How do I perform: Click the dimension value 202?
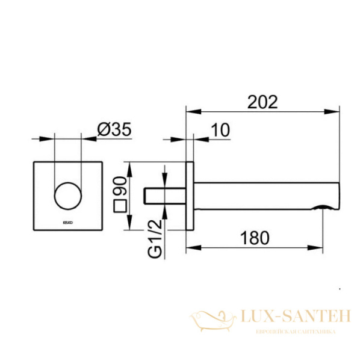click(x=262, y=102)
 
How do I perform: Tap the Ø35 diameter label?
click(x=114, y=129)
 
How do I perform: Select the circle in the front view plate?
click(x=67, y=196)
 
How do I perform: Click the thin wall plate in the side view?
click(x=190, y=196)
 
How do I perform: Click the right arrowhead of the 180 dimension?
click(x=320, y=247)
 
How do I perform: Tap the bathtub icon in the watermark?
click(x=214, y=317)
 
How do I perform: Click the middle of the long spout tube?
click(x=265, y=196)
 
